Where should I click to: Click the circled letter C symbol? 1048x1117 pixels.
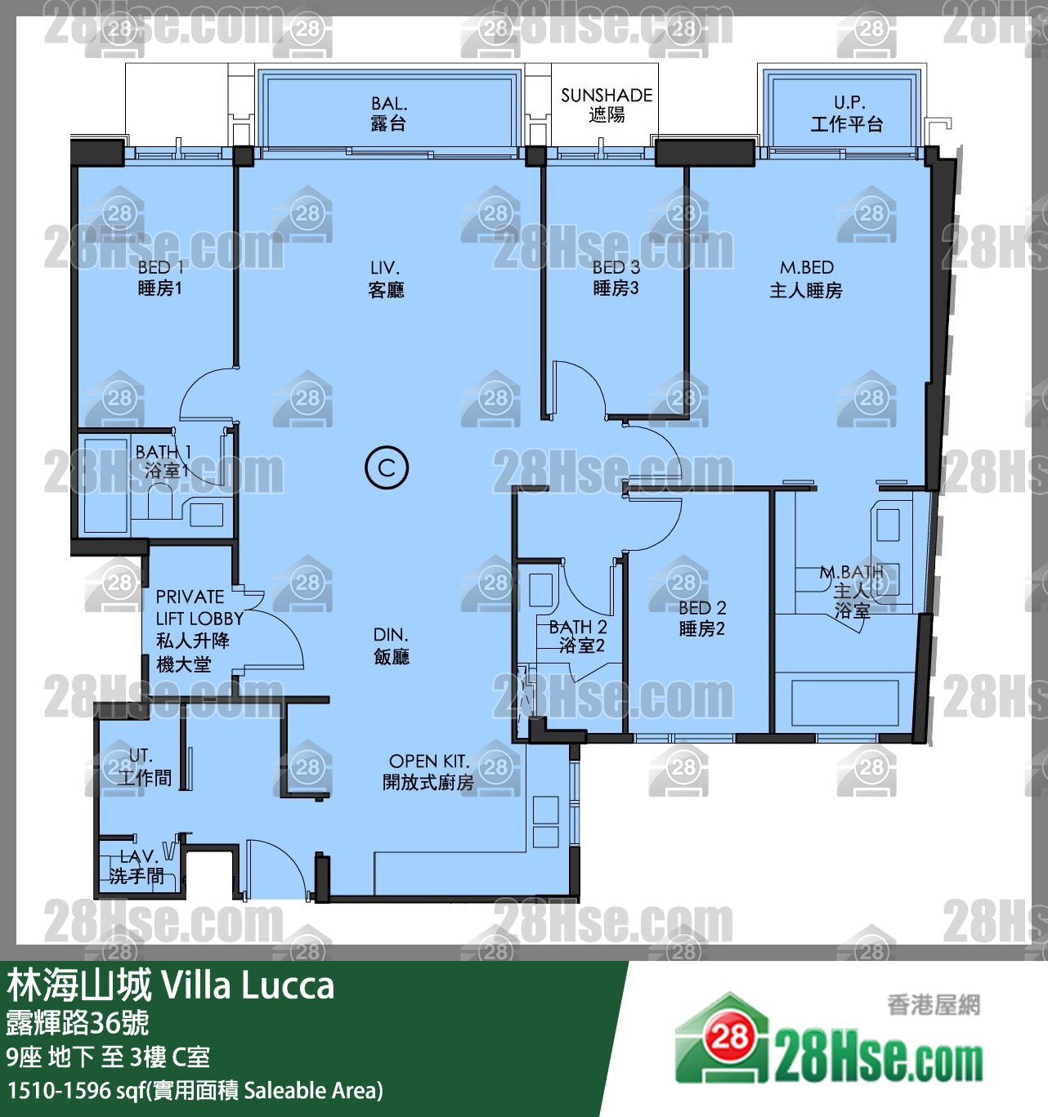coord(386,467)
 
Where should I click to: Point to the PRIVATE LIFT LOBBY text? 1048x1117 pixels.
coord(199,607)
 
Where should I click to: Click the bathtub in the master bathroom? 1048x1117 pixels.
coord(844,703)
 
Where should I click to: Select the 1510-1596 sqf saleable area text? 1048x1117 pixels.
coord(195,1091)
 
